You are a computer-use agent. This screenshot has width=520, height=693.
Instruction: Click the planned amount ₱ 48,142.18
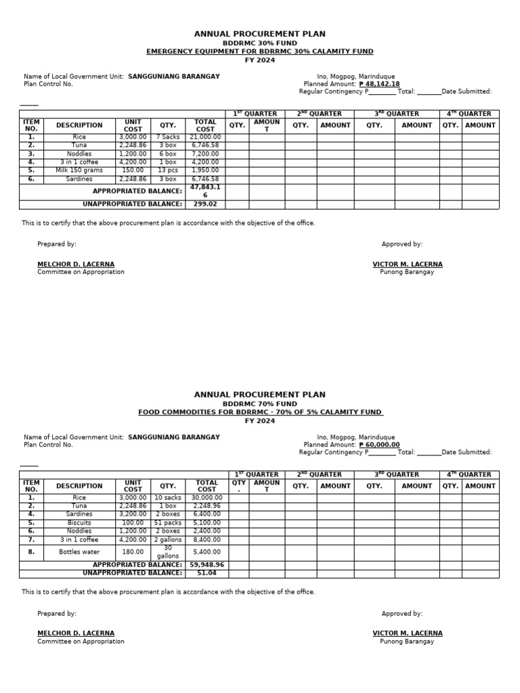(380, 84)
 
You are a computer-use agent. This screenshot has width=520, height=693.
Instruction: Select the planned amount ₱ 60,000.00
(380, 445)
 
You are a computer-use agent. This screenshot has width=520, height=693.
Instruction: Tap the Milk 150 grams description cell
(79, 171)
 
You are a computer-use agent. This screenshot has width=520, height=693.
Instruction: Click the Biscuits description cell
(79, 522)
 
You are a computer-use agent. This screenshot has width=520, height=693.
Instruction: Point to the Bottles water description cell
(79, 552)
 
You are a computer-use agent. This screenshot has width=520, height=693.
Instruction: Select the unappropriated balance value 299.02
(205, 204)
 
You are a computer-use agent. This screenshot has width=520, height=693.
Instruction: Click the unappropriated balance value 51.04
(205, 573)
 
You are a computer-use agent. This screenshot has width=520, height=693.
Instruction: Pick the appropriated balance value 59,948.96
(207, 564)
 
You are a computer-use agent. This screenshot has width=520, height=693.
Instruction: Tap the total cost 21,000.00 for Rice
(205, 137)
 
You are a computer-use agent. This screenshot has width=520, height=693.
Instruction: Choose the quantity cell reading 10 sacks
(168, 497)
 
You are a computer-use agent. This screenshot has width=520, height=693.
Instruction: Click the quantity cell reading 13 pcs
(168, 171)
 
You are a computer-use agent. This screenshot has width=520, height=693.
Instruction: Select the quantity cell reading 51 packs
(168, 522)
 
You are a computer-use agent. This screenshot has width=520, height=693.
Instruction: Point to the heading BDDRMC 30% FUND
(259, 43)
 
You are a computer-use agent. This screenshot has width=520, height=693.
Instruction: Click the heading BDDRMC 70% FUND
(259, 403)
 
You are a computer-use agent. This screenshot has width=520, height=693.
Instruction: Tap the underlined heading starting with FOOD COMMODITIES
(260, 412)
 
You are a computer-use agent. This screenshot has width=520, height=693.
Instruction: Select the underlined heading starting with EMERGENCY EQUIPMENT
(259, 51)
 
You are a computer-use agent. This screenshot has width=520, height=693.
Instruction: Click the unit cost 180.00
(133, 552)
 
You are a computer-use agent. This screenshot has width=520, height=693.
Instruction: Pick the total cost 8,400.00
(207, 539)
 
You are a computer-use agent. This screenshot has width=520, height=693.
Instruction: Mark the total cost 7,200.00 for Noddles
(205, 154)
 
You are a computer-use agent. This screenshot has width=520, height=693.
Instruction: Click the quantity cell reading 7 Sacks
(168, 137)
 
